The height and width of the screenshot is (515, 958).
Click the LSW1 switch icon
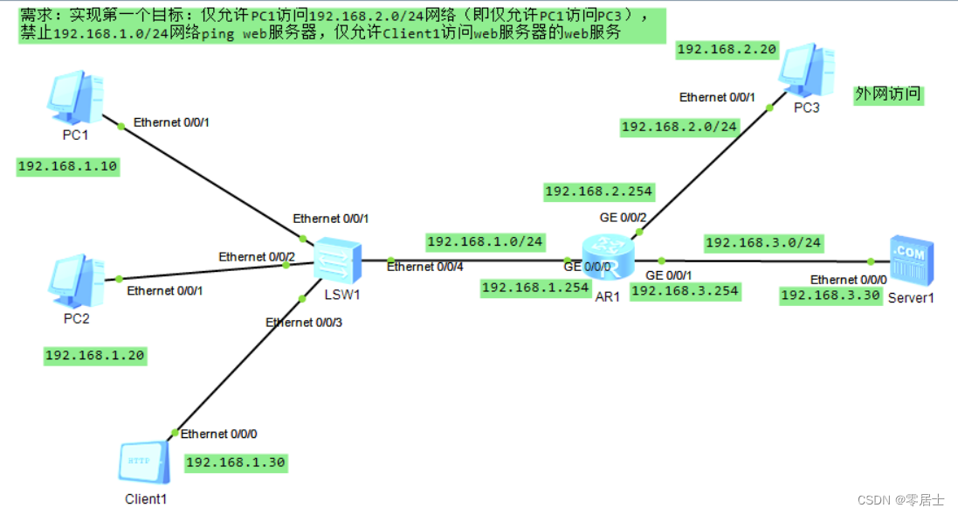pyautogui.click(x=338, y=260)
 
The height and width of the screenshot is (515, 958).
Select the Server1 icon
pyautogui.click(x=911, y=261)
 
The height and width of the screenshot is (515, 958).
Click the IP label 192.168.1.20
pyautogui.click(x=94, y=355)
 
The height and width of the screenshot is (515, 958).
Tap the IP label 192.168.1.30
pyautogui.click(x=236, y=463)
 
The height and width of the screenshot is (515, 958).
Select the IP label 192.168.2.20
pyautogui.click(x=727, y=50)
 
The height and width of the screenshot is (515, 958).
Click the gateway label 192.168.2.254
pyautogui.click(x=598, y=191)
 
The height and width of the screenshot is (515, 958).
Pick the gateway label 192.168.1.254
pyautogui.click(x=535, y=287)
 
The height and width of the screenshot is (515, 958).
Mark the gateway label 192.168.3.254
pyautogui.click(x=685, y=291)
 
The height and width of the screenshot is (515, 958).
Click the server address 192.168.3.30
pyautogui.click(x=828, y=296)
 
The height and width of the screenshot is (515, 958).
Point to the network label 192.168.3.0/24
pyautogui.click(x=762, y=243)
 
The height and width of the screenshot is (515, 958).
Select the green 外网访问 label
pyautogui.click(x=888, y=95)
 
